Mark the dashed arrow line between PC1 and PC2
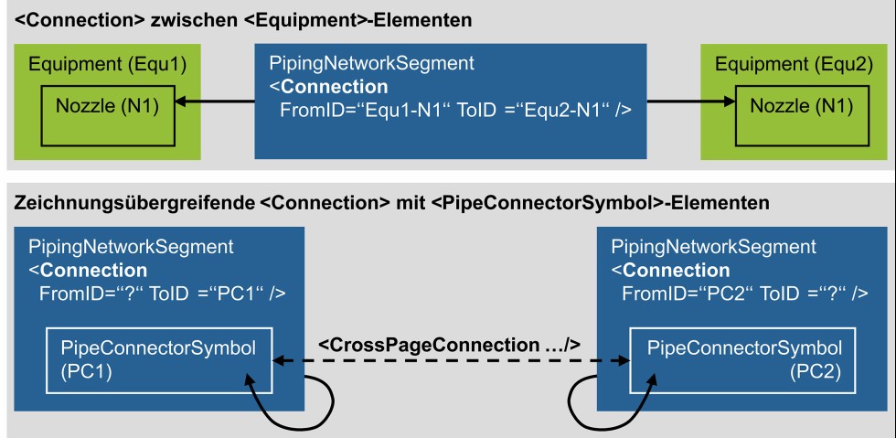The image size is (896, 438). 450,362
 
